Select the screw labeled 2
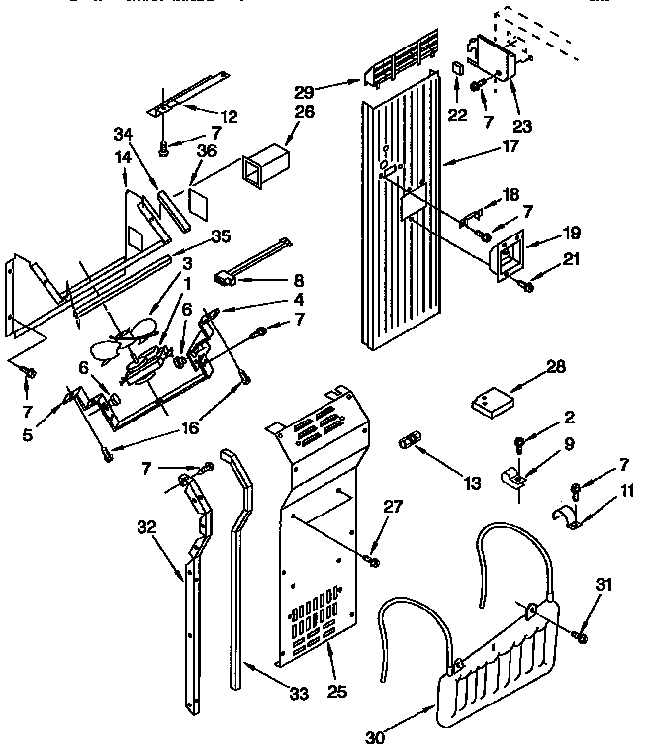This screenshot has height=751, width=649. click(517, 439)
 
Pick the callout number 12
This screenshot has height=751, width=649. click(229, 117)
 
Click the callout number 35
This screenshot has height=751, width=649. click(220, 237)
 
